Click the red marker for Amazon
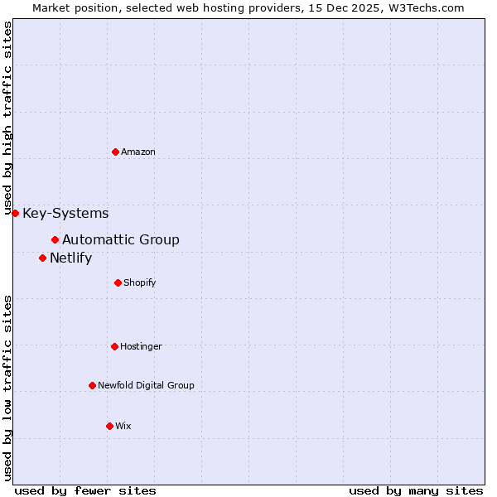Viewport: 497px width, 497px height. (x=115, y=152)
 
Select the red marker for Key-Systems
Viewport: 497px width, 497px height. (x=15, y=213)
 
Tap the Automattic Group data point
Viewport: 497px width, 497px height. (x=55, y=239)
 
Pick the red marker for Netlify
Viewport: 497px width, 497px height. (x=42, y=258)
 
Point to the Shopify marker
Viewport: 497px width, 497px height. (x=118, y=282)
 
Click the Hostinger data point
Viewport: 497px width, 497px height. (x=114, y=346)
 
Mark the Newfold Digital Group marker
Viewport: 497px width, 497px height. (x=92, y=385)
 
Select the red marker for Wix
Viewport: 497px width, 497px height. (x=109, y=426)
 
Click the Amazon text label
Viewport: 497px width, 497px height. (x=138, y=152)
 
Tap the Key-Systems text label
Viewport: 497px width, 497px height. (x=65, y=213)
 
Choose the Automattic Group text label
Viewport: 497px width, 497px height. (x=121, y=239)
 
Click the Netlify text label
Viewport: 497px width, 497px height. (x=70, y=258)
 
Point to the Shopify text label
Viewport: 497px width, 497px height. (x=140, y=282)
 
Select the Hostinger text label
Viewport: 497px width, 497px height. (x=142, y=346)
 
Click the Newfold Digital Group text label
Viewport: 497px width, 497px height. (x=146, y=385)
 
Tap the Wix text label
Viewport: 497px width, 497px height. (x=123, y=426)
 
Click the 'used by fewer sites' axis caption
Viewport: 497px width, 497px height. (x=85, y=490)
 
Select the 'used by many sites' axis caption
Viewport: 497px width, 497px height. (x=416, y=490)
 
